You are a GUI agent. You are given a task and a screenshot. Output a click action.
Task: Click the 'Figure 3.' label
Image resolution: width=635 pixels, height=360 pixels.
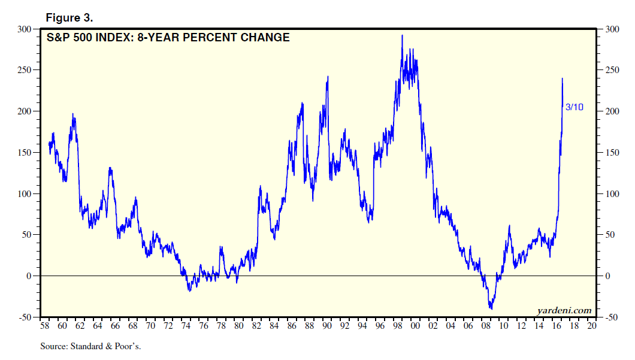(x=69, y=17)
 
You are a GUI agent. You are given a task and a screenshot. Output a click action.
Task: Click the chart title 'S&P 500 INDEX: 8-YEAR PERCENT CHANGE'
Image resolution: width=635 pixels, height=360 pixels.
(x=168, y=38)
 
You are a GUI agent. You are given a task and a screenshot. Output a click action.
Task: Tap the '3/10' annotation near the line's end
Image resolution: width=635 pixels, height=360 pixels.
(x=574, y=107)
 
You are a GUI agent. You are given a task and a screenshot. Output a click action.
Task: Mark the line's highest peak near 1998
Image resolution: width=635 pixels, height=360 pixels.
(x=402, y=35)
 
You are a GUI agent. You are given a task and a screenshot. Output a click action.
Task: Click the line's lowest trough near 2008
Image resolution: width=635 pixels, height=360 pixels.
(x=492, y=309)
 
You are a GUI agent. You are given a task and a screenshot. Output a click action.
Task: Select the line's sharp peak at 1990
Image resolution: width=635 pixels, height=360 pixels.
(x=328, y=77)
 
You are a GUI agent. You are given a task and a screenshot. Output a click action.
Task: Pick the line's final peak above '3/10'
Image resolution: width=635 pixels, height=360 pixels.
(x=562, y=78)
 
